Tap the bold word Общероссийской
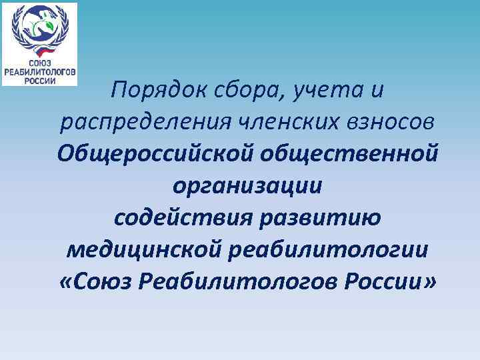coord(155,154)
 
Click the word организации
coord(247,186)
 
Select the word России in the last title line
coord(383,282)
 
